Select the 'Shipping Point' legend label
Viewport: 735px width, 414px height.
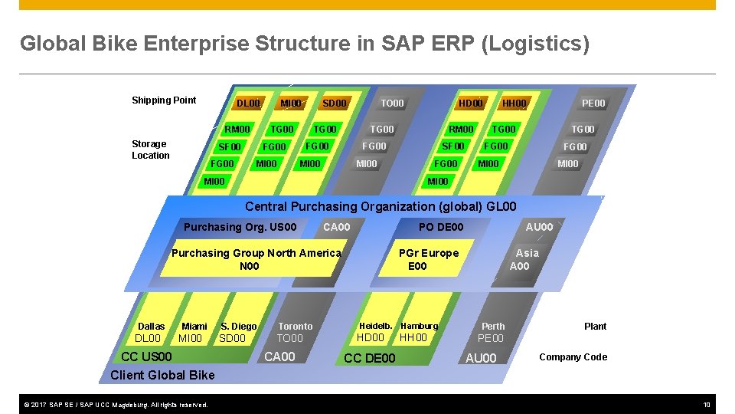coord(164,100)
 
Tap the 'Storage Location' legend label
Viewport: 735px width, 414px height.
coord(149,149)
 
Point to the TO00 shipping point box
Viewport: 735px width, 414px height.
coord(392,103)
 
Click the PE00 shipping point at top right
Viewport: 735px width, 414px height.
coord(593,103)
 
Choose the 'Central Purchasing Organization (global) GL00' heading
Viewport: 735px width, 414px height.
coord(381,206)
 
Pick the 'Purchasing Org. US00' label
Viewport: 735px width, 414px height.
coord(240,227)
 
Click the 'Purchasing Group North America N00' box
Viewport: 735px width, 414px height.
coord(256,259)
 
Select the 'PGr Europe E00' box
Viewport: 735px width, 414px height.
coord(428,259)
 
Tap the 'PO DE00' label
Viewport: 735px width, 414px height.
coord(441,227)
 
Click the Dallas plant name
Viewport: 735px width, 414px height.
coord(151,326)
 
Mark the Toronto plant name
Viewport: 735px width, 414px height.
coord(295,326)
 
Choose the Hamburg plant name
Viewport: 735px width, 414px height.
coord(420,326)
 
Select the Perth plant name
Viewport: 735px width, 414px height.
coord(493,326)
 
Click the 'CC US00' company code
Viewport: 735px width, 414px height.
coord(146,356)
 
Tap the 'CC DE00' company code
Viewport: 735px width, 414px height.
coord(370,358)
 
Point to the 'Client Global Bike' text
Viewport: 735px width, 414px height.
coord(162,375)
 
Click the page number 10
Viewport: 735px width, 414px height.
coord(706,404)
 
